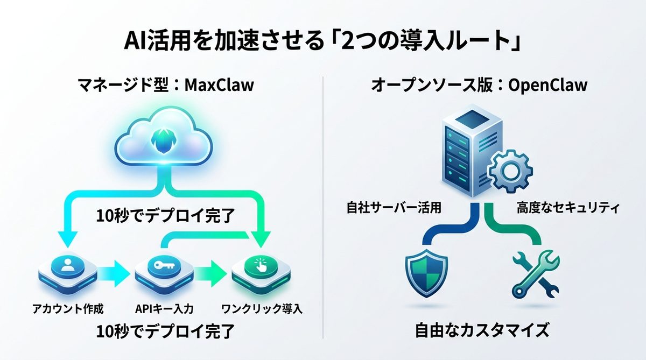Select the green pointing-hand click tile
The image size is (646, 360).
(261, 269)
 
